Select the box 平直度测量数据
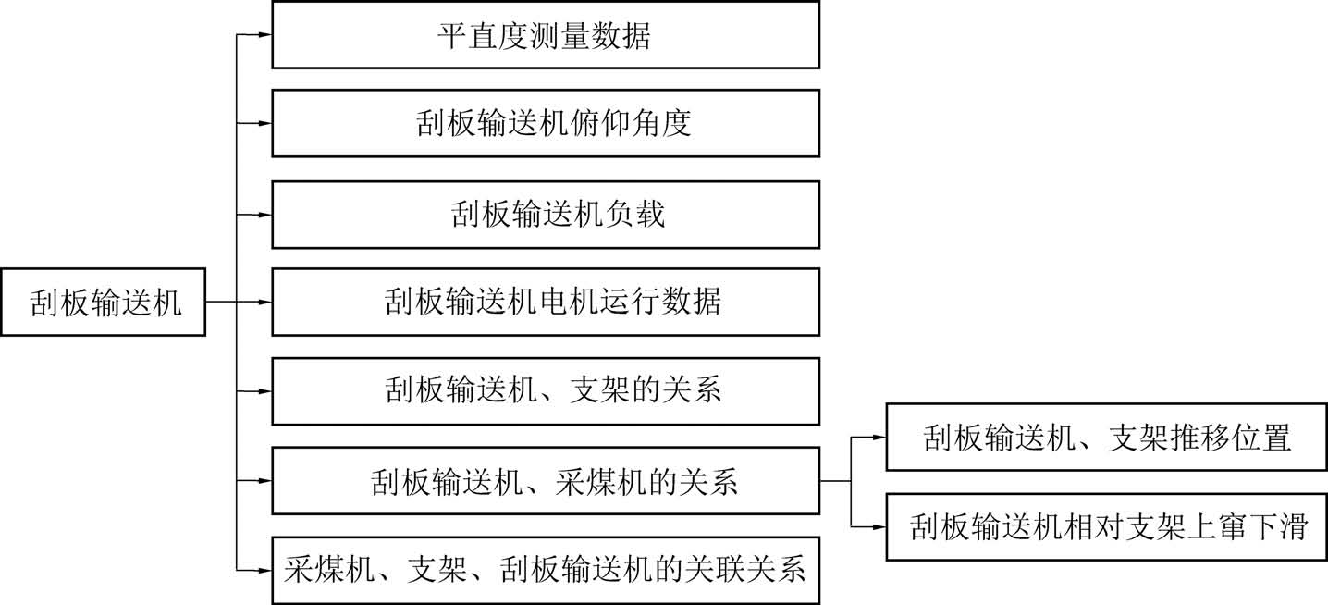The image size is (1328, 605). click(x=545, y=35)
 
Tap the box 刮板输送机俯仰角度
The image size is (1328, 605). click(x=545, y=123)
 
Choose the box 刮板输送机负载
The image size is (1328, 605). click(x=545, y=214)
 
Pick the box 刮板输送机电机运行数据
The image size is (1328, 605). click(x=545, y=302)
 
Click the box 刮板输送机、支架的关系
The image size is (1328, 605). click(x=545, y=390)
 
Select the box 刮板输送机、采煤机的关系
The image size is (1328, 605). click(x=545, y=481)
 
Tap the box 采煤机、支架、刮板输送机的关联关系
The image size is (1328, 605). click(x=545, y=569)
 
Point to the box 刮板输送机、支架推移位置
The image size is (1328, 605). click(x=1106, y=438)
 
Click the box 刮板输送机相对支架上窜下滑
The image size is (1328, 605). click(x=1106, y=526)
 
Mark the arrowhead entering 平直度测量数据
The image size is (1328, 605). click(x=264, y=35)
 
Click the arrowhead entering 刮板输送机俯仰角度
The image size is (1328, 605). click(x=264, y=123)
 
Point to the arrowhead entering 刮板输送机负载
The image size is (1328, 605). click(x=264, y=214)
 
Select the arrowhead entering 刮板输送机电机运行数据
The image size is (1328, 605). click(x=264, y=302)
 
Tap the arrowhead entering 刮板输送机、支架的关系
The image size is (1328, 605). click(x=264, y=390)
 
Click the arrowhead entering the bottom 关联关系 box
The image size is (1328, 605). click(x=264, y=569)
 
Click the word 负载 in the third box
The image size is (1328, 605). click(x=636, y=214)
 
